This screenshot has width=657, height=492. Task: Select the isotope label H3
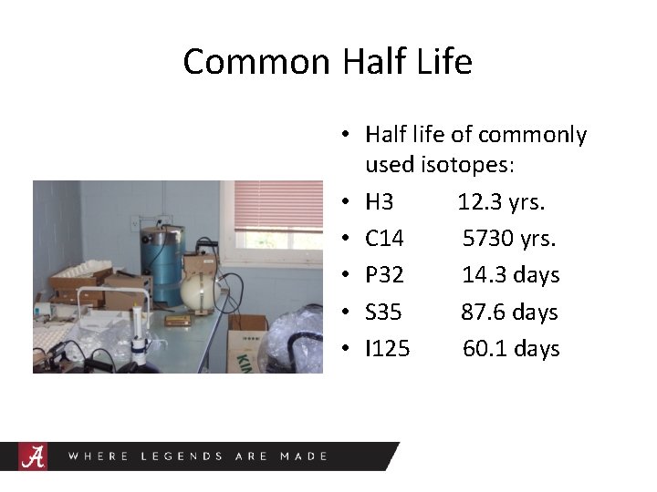click(x=380, y=201)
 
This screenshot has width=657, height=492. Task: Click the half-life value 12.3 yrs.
click(x=501, y=201)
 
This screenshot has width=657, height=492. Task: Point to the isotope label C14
click(x=384, y=239)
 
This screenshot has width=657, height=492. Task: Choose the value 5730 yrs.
click(x=509, y=239)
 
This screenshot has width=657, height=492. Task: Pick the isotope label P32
click(x=384, y=275)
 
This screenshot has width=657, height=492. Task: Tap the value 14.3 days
click(x=510, y=275)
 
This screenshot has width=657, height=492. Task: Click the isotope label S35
click(x=383, y=313)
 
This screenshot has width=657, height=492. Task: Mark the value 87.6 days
click(x=509, y=313)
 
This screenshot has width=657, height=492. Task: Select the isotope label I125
click(x=388, y=349)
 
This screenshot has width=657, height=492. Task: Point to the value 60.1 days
click(x=511, y=349)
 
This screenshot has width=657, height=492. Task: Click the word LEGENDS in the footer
click(x=181, y=456)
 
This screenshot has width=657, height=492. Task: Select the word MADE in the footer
click(x=304, y=456)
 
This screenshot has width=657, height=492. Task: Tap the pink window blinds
click(x=277, y=206)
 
